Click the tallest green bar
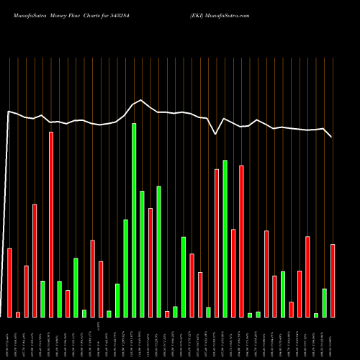click(x=134, y=220)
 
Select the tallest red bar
click(x=51, y=224)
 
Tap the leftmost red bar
click(x=9, y=282)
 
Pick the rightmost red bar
click(x=333, y=280)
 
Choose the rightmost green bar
click(x=325, y=302)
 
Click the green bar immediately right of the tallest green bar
click(x=143, y=253)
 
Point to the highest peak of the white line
click(x=142, y=100)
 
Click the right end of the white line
click(x=332, y=137)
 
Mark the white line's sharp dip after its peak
click(x=217, y=134)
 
